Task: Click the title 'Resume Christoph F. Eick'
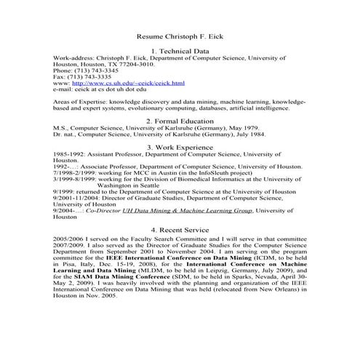[x=179, y=36]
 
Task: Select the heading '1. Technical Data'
[x=179, y=51]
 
